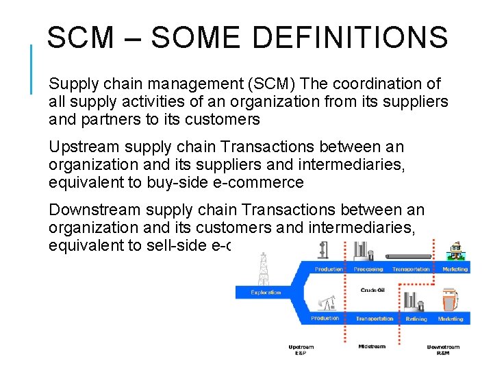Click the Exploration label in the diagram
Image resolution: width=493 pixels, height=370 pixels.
point(266,293)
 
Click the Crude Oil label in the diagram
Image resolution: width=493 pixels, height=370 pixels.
point(372,291)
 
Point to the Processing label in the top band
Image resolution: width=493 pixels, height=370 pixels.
point(368,269)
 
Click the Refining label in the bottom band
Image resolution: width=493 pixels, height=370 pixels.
point(416,319)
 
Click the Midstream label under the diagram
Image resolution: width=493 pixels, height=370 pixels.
point(372,347)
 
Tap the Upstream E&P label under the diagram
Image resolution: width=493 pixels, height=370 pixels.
point(301,350)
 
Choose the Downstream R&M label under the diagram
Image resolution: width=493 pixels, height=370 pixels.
point(443,350)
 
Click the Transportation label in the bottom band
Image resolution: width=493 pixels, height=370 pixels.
point(375,319)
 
